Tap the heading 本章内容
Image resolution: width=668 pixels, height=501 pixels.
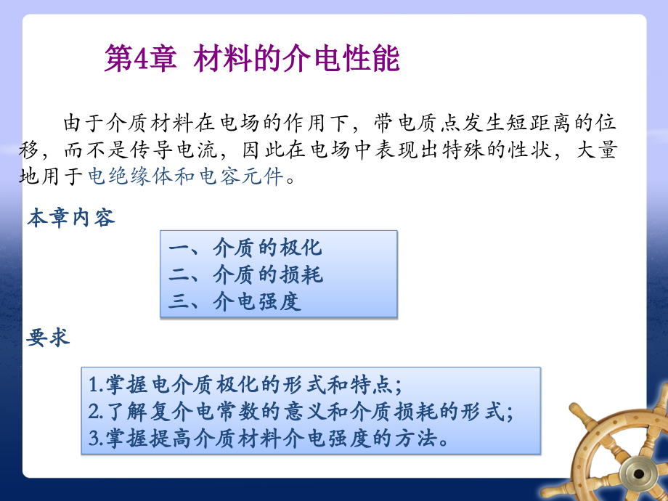click(x=70, y=218)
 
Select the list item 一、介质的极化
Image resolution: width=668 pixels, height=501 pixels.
click(x=245, y=248)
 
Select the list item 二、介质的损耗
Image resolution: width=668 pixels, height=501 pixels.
click(x=245, y=274)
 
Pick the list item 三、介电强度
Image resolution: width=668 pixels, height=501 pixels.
click(x=234, y=301)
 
